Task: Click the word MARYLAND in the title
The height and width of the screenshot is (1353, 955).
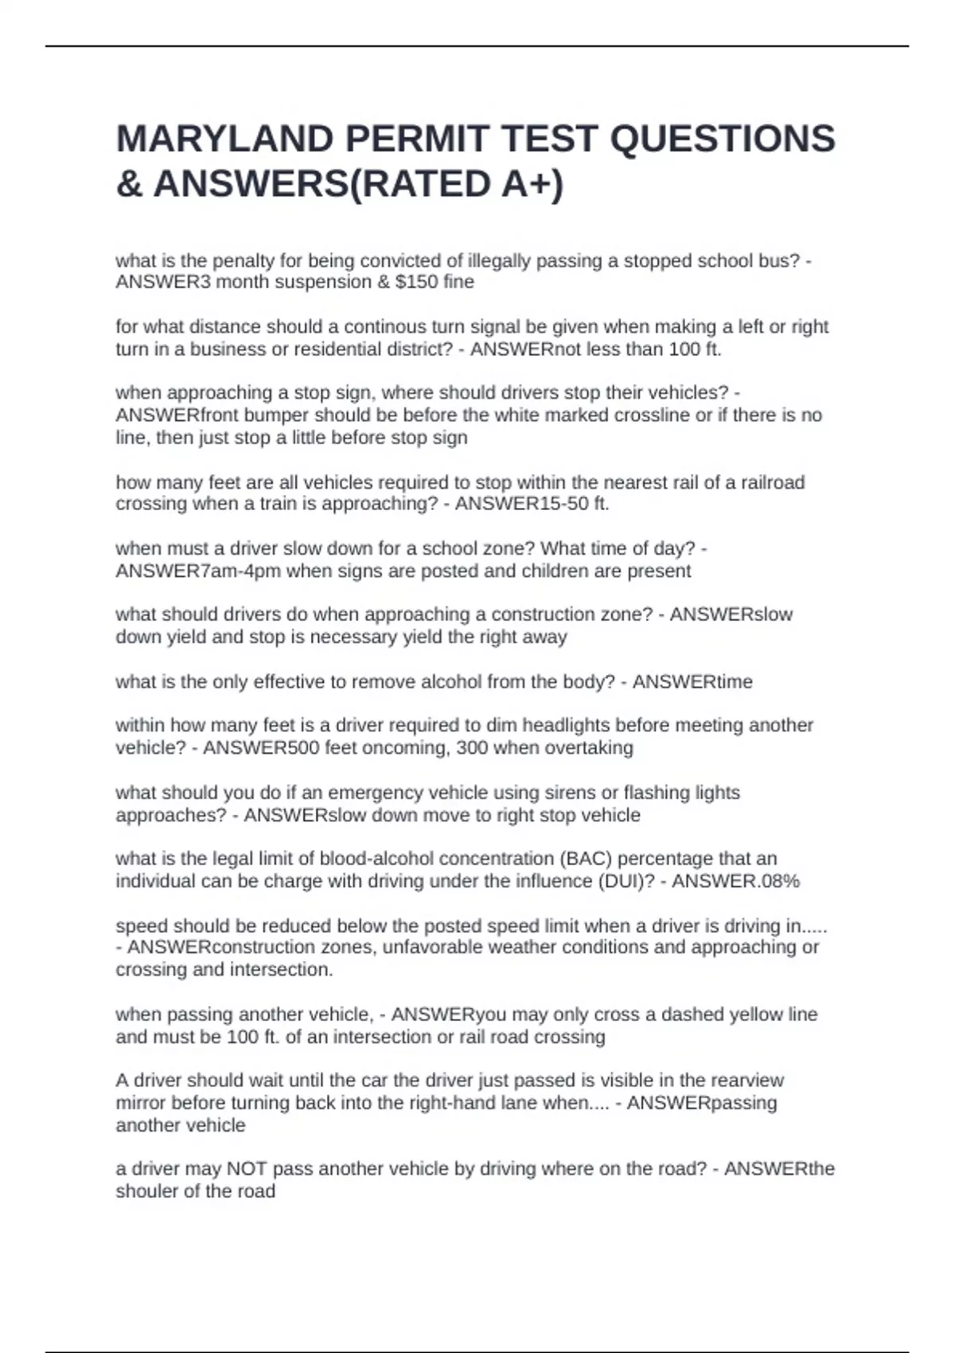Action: point(225,139)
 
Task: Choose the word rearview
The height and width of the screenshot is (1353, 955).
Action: point(746,1080)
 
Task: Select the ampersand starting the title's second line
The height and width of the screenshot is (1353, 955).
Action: point(129,185)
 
